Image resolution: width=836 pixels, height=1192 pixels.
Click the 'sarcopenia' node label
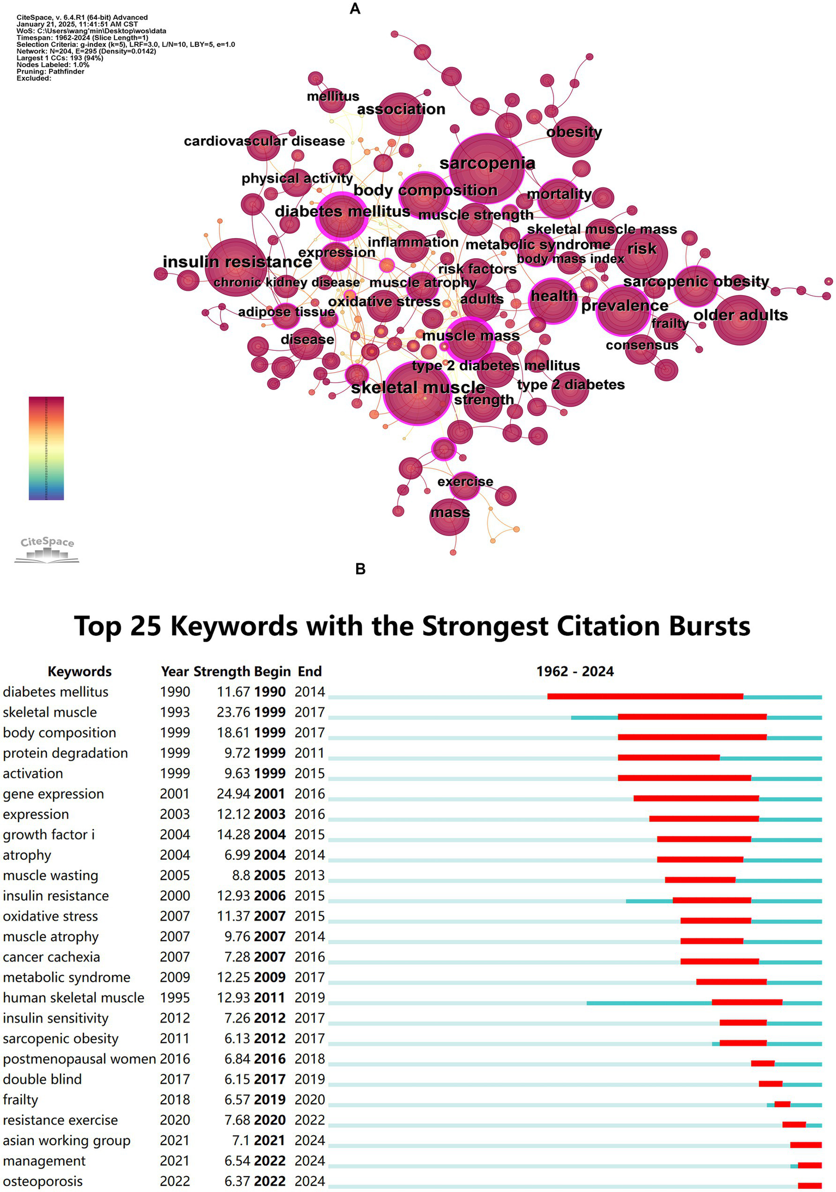pos(487,163)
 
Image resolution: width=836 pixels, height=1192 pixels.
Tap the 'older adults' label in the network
pos(740,315)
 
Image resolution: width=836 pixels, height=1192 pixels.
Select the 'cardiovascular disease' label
pos(264,141)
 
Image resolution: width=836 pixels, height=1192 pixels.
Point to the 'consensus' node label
pos(642,345)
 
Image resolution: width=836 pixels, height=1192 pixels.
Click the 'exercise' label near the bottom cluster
pos(465,482)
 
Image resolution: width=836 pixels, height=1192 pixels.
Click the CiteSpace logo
pos(47,549)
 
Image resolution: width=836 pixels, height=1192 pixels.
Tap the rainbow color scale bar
pos(46,448)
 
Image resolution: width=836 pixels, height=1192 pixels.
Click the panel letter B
pos(360,569)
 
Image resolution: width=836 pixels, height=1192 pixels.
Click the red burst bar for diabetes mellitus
pos(645,696)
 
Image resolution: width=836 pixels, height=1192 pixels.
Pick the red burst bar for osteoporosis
pos(809,1185)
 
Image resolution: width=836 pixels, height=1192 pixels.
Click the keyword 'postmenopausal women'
pos(79,1059)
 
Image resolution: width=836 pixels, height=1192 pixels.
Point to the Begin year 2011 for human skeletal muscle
pos(270,998)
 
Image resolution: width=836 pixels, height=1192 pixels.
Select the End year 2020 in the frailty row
pos(309,1099)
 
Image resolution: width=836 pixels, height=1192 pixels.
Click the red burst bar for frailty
pos(782,1104)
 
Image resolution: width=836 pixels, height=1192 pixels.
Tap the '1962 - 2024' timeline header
pos(575,671)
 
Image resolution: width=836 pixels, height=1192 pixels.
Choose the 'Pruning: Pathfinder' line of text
pos(50,71)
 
